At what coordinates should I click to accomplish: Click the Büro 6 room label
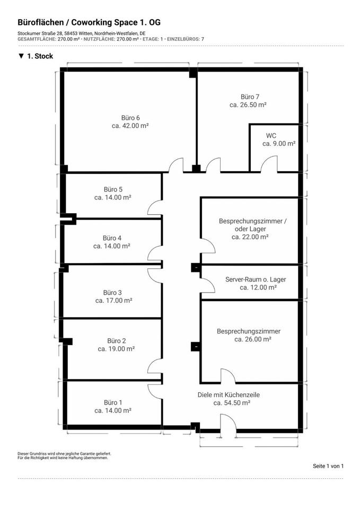point(130,117)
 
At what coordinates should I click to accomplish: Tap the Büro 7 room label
point(250,97)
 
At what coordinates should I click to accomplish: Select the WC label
point(271,135)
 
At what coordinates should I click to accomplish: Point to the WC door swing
point(269,164)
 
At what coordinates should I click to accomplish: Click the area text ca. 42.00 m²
point(130,126)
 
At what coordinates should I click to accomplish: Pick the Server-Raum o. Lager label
point(251,279)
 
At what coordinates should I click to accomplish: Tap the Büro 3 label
point(112,292)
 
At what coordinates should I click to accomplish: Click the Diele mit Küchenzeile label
point(229,394)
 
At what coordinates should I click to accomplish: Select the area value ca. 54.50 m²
point(232,403)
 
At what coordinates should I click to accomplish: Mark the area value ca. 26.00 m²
point(253,339)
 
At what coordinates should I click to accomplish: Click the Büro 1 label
point(113,402)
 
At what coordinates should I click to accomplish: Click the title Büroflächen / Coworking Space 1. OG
point(89,22)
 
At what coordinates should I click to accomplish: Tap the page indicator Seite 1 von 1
point(328,466)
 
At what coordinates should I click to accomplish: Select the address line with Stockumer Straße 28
point(81,33)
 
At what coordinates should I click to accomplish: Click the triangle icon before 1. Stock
point(21,56)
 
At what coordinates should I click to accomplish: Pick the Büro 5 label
point(113,189)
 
